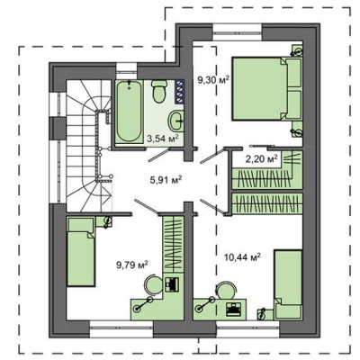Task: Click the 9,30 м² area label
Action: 213,80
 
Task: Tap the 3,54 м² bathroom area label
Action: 163,139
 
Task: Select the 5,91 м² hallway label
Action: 166,180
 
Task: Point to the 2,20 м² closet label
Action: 261,158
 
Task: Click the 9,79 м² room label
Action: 132,265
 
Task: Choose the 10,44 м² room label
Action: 242,256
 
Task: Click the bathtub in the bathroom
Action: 129,112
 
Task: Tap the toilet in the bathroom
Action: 158,91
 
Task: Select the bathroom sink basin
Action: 176,121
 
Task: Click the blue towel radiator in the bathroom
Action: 179,92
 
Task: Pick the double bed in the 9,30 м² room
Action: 267,89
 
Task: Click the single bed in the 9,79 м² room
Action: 81,252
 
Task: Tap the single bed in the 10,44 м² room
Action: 288,284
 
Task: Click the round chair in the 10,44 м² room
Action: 227,290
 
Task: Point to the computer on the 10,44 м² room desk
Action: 234,309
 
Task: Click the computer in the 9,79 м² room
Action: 173,284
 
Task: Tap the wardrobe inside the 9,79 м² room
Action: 174,244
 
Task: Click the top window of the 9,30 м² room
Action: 238,32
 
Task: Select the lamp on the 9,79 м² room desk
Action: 143,303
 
